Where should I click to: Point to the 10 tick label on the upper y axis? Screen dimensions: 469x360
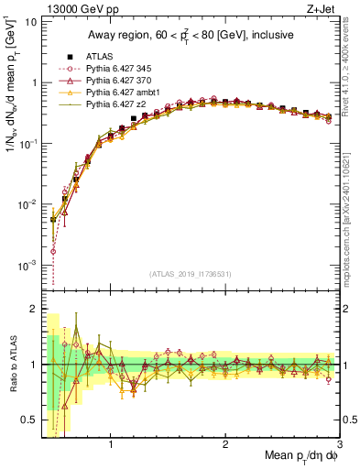tap(30, 20)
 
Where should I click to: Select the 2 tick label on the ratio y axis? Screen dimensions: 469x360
tap(34, 309)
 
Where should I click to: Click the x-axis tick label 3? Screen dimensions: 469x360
tap(339, 446)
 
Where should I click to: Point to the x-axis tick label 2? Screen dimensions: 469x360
tap(225, 446)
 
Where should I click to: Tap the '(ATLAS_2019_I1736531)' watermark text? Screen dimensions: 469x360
tap(190, 274)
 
